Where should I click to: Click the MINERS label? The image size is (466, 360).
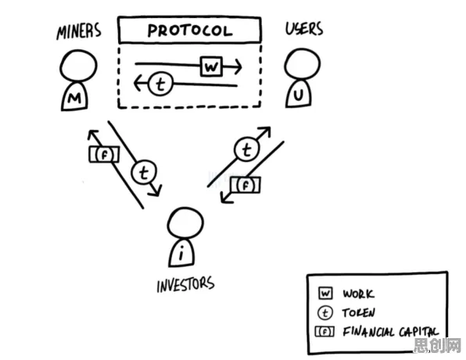(79, 31)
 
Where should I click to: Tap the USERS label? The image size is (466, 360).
(304, 29)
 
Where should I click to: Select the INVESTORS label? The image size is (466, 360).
(185, 284)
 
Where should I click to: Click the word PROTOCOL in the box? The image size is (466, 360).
(190, 31)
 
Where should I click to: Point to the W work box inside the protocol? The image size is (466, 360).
(211, 66)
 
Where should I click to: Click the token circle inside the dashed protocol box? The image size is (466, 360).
(160, 84)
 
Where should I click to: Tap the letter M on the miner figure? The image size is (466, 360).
(74, 98)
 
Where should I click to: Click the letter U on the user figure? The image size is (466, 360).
(299, 95)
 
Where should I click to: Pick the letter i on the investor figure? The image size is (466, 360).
(181, 254)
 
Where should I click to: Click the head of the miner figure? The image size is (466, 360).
(78, 66)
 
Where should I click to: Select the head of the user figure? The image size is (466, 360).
(303, 64)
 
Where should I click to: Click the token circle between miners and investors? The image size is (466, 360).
(144, 172)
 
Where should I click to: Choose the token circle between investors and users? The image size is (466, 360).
(246, 149)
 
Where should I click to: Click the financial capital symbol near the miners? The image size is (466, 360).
(104, 154)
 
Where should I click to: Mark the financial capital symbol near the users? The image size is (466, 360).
(246, 185)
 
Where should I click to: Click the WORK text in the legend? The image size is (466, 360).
(358, 293)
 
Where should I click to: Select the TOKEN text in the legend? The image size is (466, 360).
(358, 312)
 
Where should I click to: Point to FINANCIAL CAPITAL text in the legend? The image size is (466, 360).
(390, 332)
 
